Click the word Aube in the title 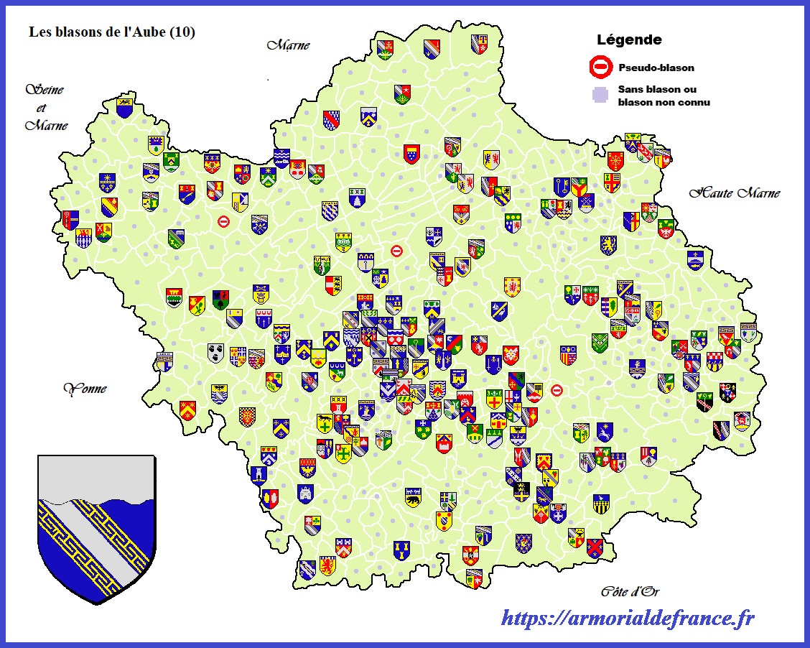151,32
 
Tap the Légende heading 629,40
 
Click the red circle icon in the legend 600,68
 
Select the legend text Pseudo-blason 656,68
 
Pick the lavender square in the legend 599,94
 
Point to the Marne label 288,45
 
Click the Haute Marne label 734,193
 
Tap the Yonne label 85,389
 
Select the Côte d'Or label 629,591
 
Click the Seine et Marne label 47,108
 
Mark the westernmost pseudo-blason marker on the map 224,222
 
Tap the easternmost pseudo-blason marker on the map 557,390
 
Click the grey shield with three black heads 215,352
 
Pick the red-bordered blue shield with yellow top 411,153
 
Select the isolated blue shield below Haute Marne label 694,259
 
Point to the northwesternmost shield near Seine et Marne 124,108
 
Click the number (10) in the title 182,32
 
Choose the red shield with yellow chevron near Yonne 187,409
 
